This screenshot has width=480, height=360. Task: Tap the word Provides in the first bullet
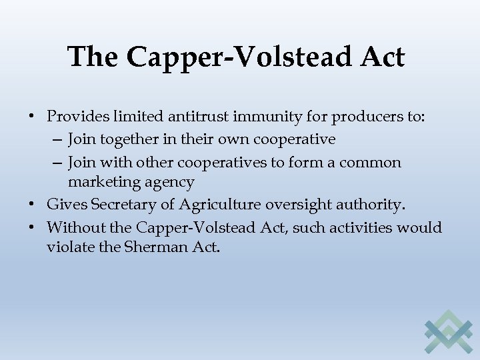click(x=75, y=117)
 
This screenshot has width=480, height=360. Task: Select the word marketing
click(x=103, y=183)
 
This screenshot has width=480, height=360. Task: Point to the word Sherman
click(x=151, y=248)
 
